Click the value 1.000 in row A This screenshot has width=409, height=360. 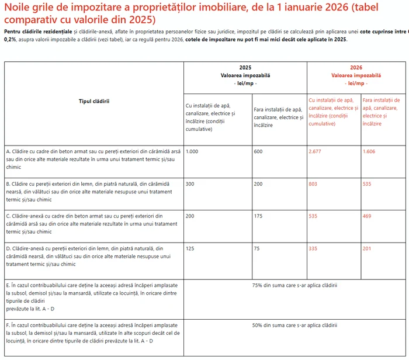pos(192,151)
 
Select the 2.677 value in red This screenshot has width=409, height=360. pos(316,151)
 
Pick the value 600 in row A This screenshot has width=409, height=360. pos(258,151)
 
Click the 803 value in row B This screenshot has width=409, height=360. pos(314,184)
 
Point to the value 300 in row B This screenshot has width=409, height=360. pos(190,184)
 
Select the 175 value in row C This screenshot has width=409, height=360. pos(258,216)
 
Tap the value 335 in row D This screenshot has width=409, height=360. pos(314,248)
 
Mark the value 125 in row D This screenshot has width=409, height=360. pos(190,248)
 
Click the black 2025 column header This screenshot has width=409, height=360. pos(245,67)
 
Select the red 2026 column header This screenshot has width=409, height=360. pos(356,67)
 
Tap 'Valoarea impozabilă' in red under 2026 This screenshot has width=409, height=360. pos(356,75)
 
